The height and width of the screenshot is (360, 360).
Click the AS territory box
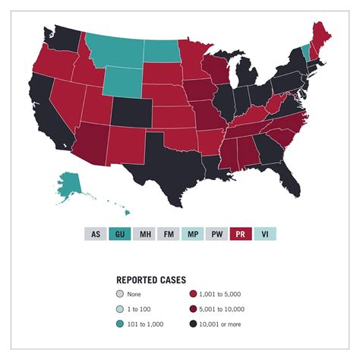(95, 235)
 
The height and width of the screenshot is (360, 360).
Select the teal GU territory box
(119, 235)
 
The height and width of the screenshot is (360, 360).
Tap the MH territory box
(144, 235)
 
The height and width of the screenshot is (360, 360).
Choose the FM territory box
(168, 235)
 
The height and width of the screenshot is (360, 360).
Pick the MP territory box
(192, 235)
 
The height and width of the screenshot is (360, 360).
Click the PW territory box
(216, 235)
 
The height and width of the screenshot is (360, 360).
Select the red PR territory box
(241, 235)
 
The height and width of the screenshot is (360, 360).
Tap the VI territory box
(265, 235)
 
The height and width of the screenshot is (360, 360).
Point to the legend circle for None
(120, 294)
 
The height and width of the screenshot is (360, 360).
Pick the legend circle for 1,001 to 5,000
(192, 294)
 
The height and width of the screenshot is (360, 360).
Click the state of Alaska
(70, 182)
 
